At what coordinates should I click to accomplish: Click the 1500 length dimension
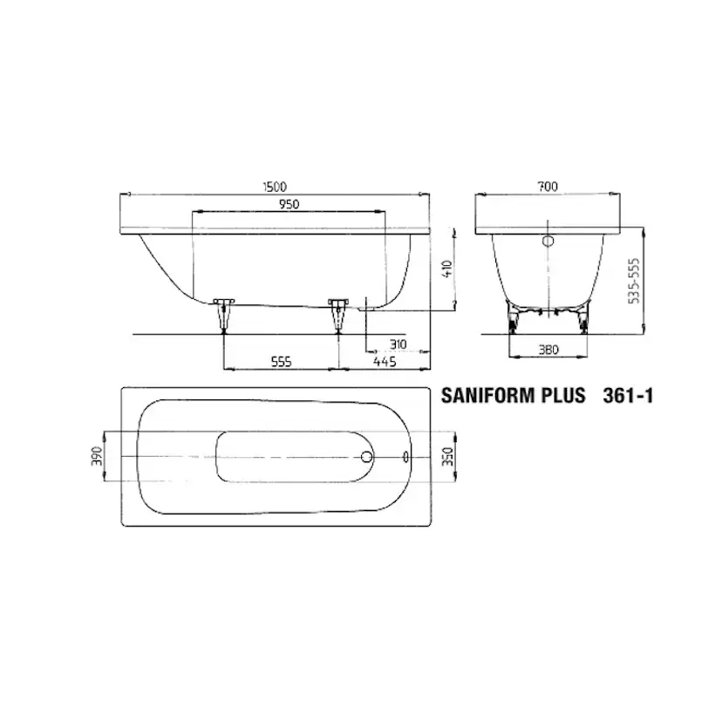point(275,187)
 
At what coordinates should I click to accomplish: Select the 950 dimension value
point(289,204)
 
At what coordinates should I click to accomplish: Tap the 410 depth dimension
point(447,269)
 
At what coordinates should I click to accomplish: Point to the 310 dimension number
point(398,344)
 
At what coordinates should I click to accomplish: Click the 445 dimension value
point(385,362)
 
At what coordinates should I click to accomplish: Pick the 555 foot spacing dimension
point(281,362)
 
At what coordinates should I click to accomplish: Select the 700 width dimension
point(548,187)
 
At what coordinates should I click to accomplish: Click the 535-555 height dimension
point(635,281)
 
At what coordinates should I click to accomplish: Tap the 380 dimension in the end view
point(548,350)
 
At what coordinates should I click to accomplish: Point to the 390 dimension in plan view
point(97,456)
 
